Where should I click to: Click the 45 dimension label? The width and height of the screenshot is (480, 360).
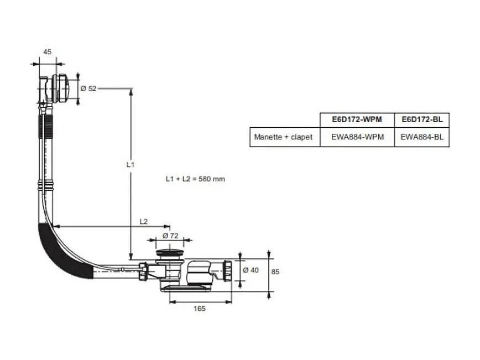click(47, 52)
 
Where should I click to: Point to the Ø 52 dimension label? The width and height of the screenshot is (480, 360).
click(88, 88)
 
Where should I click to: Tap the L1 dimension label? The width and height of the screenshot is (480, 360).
click(131, 165)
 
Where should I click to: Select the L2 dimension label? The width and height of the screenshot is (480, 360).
click(144, 221)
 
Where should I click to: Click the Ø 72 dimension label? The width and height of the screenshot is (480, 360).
click(170, 236)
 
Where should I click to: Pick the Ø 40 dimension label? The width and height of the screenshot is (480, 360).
click(251, 270)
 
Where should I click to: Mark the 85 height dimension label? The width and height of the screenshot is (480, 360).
click(275, 272)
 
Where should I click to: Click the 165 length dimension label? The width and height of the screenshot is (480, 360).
click(199, 309)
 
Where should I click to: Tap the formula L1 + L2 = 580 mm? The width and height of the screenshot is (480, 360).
click(195, 179)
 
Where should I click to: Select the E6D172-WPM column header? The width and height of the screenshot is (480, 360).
click(357, 119)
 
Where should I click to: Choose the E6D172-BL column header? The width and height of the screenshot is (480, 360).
click(422, 119)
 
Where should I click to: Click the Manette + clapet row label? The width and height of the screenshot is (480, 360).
click(283, 137)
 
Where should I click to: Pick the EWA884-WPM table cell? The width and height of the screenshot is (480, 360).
click(358, 137)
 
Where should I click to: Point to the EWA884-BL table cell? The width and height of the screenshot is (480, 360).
click(422, 137)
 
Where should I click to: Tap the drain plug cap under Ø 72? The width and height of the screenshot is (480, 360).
click(170, 253)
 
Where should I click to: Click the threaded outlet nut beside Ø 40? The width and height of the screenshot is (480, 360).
click(228, 270)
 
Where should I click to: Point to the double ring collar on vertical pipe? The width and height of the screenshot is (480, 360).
click(46, 185)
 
